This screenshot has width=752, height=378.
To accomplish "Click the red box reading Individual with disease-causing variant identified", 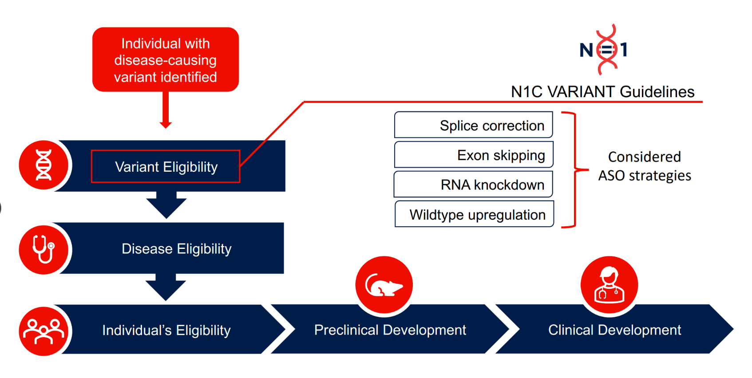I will tap(165, 60).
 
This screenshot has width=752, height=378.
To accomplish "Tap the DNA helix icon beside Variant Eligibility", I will tap(44, 165).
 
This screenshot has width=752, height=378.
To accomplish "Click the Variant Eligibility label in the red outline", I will tap(166, 167).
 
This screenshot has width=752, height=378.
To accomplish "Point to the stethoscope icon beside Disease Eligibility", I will tap(44, 249).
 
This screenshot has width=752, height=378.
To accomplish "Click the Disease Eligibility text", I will tap(176, 249).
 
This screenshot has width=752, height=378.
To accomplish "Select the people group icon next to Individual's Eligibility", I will tap(44, 331).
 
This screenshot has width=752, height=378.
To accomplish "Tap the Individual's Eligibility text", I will tap(166, 331).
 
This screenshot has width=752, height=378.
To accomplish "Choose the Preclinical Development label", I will tap(390, 330).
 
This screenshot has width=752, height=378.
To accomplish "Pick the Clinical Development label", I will tap(614, 330).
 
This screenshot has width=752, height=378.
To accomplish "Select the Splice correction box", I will tap(473, 125).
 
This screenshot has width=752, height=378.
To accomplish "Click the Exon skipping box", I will tap(473, 155).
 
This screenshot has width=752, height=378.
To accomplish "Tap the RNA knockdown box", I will tap(473, 185).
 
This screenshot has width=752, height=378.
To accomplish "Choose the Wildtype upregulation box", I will tap(474, 214).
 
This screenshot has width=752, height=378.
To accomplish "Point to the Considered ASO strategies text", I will tap(644, 166).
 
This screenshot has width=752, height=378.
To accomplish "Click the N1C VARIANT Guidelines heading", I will tap(602, 92).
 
